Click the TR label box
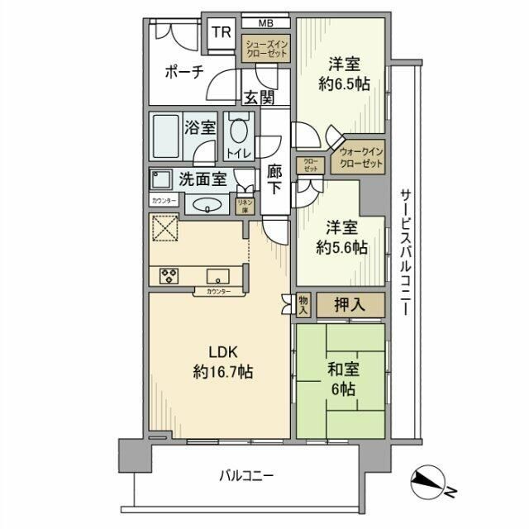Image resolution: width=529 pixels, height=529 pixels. coord(221,32)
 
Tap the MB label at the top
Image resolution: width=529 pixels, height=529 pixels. coord(265,22)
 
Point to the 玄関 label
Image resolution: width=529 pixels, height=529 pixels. coord(258,97)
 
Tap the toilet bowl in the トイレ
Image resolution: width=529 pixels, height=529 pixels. coord(239,132)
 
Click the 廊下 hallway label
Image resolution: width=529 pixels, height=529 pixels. coord(275,179)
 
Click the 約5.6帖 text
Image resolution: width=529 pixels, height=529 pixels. coord(343,250)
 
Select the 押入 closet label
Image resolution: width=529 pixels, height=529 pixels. coord(350,305)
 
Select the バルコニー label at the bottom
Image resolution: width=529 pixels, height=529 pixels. coord(246,475)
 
